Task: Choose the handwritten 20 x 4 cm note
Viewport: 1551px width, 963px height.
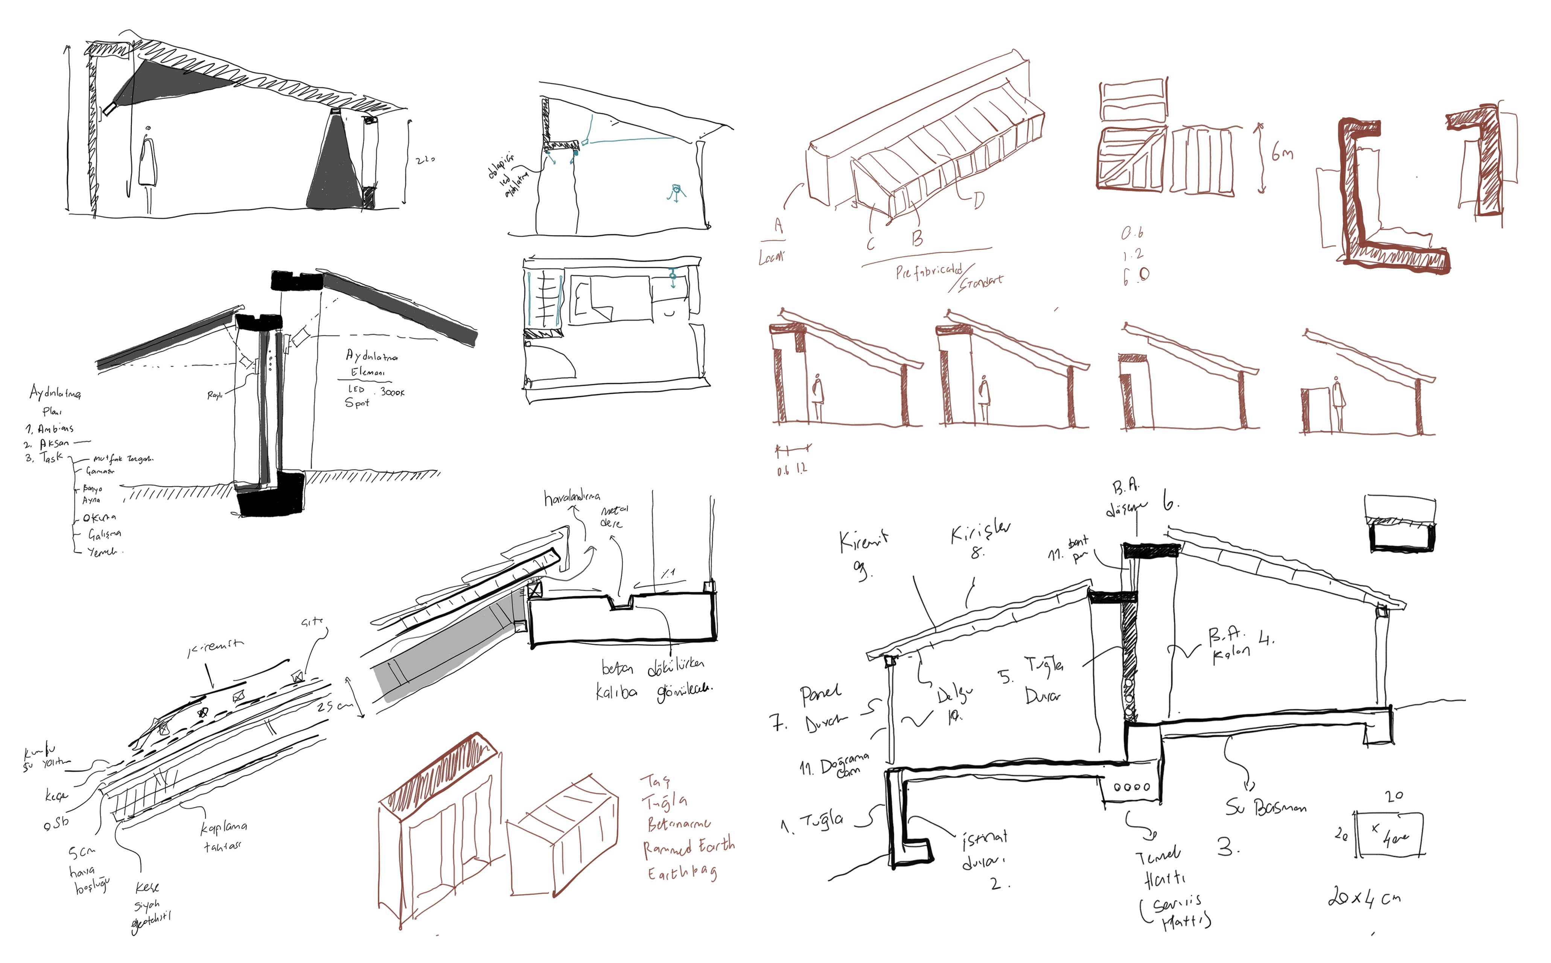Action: (x=1364, y=898)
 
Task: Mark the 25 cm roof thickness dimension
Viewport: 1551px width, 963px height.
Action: (x=334, y=706)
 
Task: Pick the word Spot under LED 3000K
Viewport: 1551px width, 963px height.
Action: (x=357, y=403)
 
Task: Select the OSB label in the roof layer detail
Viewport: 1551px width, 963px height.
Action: (x=56, y=823)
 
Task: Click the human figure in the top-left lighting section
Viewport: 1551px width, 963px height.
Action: (x=148, y=169)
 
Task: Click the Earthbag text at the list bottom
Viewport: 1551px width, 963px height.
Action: (x=682, y=873)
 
